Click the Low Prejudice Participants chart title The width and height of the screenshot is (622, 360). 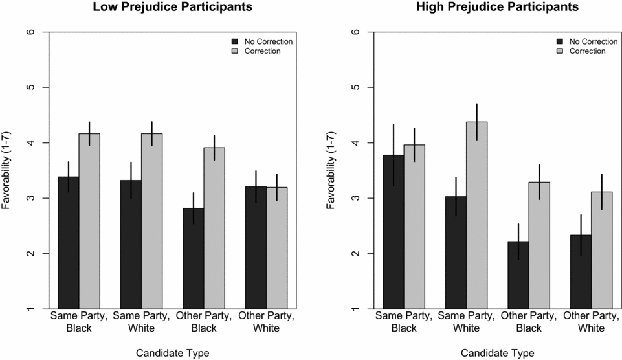172,8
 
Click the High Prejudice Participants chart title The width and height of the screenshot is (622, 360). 497,8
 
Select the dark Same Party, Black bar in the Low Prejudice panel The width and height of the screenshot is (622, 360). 69,243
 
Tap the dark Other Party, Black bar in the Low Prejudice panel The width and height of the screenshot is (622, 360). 194,258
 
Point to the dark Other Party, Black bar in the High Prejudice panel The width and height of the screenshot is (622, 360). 518,275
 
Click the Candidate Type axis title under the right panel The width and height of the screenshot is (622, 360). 497,353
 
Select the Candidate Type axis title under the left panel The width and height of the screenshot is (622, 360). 172,353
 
